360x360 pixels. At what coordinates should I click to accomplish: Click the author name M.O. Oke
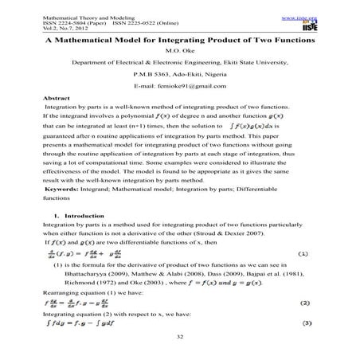[179, 49]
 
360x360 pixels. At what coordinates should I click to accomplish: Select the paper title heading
[179, 37]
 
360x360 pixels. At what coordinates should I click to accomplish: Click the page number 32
[179, 336]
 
